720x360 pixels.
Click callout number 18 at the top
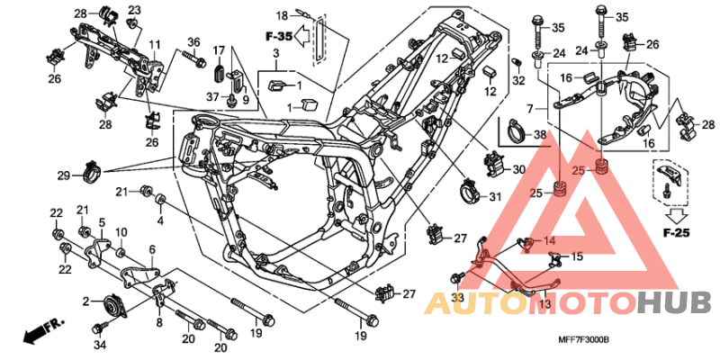(281, 15)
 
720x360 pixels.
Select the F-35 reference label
(280, 37)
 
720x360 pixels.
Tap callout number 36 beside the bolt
(193, 42)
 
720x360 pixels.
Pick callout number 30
(517, 170)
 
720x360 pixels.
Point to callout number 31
(496, 197)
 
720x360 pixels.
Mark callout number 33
(457, 297)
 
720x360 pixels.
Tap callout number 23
(134, 10)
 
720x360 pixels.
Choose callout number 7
(531, 108)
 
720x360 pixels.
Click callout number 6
(152, 249)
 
